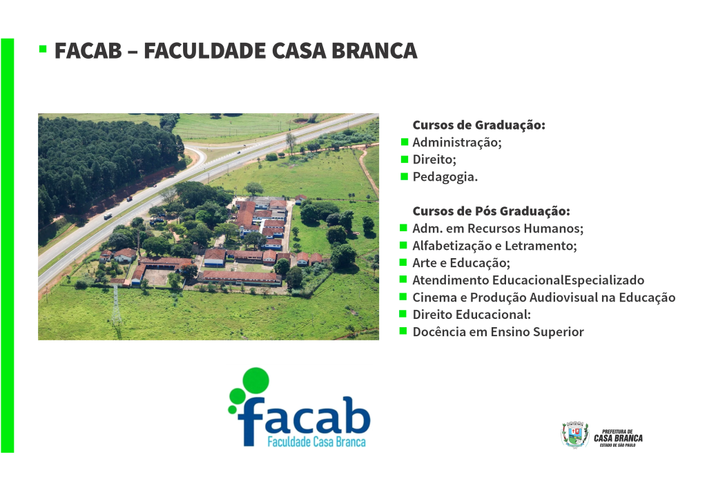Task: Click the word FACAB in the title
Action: [88, 50]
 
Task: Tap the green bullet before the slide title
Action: [43, 49]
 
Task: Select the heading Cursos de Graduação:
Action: [479, 125]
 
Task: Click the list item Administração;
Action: [457, 142]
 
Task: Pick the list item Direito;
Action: [434, 159]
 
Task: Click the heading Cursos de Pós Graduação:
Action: [491, 211]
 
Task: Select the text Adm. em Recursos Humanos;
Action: [498, 228]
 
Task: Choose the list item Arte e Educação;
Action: [461, 263]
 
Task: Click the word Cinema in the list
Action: [434, 298]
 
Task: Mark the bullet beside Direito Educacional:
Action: [404, 313]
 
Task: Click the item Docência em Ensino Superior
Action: [498, 332]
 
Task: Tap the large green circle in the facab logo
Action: [256, 380]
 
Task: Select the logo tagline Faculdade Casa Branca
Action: [316, 442]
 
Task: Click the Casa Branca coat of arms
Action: [575, 435]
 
